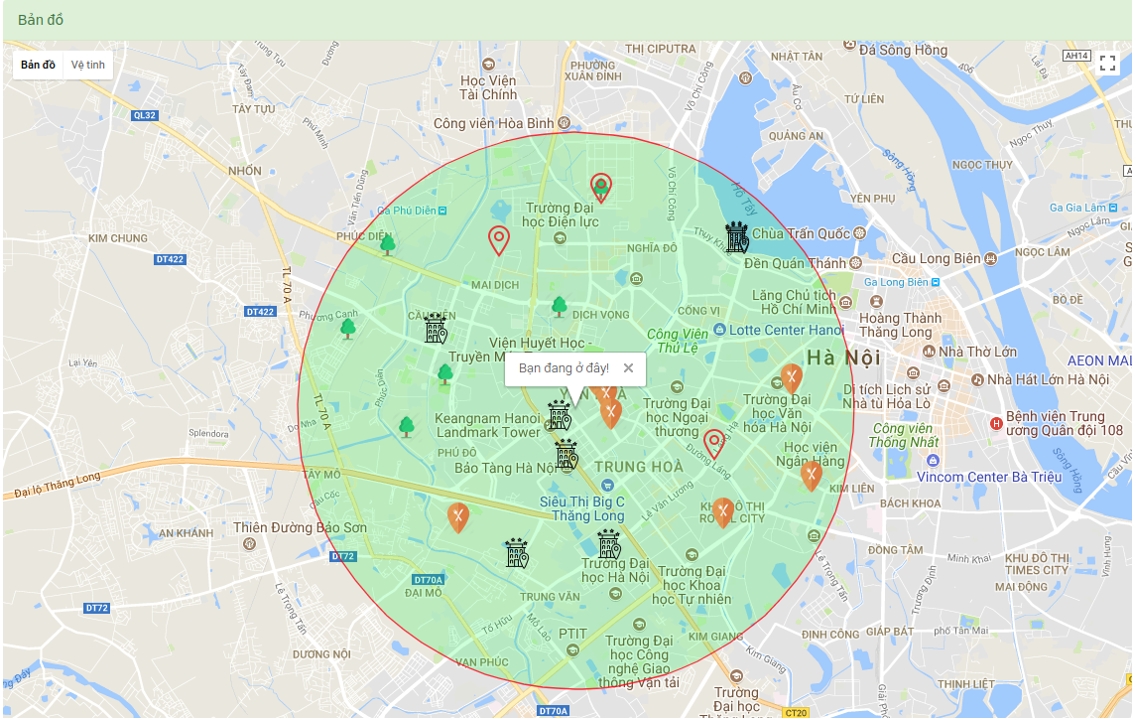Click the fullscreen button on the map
1108,64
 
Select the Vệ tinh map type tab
87,66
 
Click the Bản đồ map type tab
38,66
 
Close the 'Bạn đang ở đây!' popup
628,368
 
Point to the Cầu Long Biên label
935,258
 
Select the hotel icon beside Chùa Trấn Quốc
737,236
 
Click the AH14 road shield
1076,56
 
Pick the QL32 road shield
144,115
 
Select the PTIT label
572,633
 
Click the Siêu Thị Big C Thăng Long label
582,508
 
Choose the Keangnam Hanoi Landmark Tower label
487,425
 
